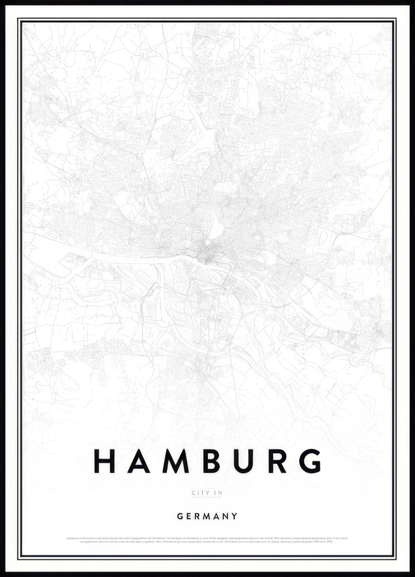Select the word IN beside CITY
pyautogui.click(x=218, y=500)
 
